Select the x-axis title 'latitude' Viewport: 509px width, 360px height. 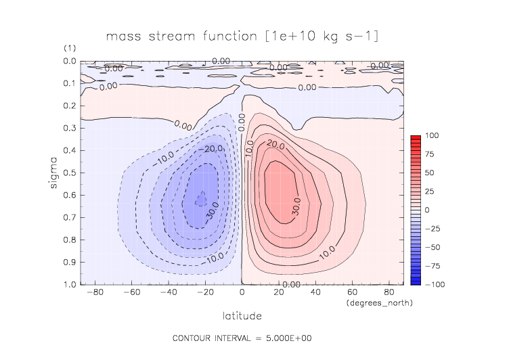242,315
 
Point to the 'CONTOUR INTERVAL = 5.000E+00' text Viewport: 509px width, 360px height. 242,338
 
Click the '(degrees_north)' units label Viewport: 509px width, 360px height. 379,302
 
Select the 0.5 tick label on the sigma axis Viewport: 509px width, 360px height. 69,173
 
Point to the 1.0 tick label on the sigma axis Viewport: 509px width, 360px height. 69,284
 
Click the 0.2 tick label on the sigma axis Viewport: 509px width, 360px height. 69,106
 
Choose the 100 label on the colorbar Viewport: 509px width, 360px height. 432,136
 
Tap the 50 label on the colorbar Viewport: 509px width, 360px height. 430,173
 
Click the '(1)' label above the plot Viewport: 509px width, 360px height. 70,49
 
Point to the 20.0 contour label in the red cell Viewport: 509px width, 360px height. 275,144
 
